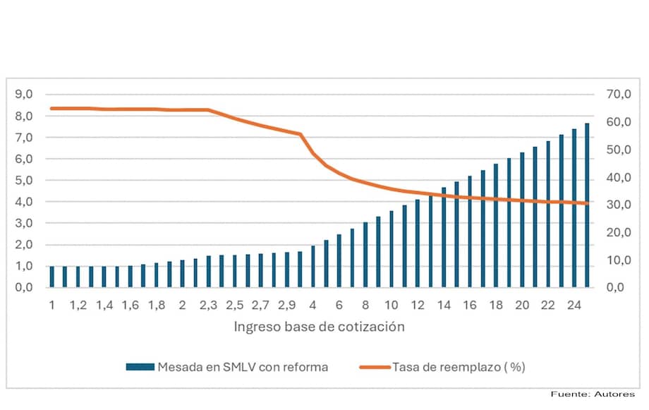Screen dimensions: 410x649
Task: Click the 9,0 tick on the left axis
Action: [24, 95]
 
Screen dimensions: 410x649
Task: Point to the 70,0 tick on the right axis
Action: [621, 95]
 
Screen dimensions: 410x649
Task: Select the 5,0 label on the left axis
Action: [24, 181]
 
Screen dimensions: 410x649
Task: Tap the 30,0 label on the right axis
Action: [621, 205]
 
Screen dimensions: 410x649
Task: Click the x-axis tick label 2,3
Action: [209, 305]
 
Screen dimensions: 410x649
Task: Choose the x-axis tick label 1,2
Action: [78, 305]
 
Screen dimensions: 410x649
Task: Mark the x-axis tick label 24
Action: [574, 305]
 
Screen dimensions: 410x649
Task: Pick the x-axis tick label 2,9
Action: [287, 305]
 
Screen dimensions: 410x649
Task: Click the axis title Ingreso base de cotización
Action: [319, 327]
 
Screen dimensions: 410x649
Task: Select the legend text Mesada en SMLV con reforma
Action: [243, 367]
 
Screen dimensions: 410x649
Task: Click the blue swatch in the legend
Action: [140, 367]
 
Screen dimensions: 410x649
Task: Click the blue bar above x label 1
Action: [52, 277]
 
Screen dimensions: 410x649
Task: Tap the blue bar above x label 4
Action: [313, 266]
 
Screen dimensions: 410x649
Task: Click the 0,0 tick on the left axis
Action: [24, 288]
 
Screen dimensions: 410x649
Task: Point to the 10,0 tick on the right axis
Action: [621, 260]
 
